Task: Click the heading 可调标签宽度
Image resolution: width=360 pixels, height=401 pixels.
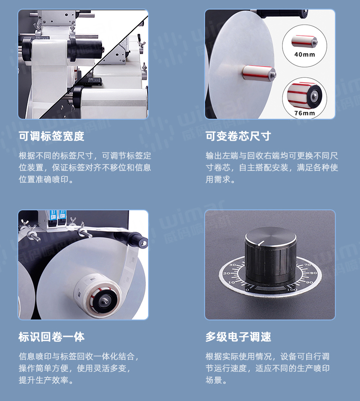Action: [x=51, y=136]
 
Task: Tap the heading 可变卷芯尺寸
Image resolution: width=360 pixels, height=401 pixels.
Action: [x=238, y=136]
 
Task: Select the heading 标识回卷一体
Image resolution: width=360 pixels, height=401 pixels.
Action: [x=51, y=337]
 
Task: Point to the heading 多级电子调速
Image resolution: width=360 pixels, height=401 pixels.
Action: [x=238, y=337]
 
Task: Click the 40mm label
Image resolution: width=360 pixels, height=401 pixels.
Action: [x=305, y=55]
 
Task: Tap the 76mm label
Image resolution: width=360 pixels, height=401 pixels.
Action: [x=305, y=113]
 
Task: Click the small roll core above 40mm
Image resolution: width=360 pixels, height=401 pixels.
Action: [x=304, y=41]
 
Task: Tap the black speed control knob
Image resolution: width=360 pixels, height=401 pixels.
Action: [x=271, y=255]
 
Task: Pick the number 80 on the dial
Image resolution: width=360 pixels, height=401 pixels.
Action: [x=314, y=273]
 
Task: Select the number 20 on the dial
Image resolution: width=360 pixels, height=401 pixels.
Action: [x=226, y=273]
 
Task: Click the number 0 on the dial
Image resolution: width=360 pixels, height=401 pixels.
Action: [x=247, y=290]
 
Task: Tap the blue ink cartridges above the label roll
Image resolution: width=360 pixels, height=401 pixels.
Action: [x=58, y=215]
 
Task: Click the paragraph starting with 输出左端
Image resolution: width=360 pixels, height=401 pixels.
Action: [x=272, y=168]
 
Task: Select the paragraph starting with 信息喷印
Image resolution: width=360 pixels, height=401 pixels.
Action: [x=79, y=368]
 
